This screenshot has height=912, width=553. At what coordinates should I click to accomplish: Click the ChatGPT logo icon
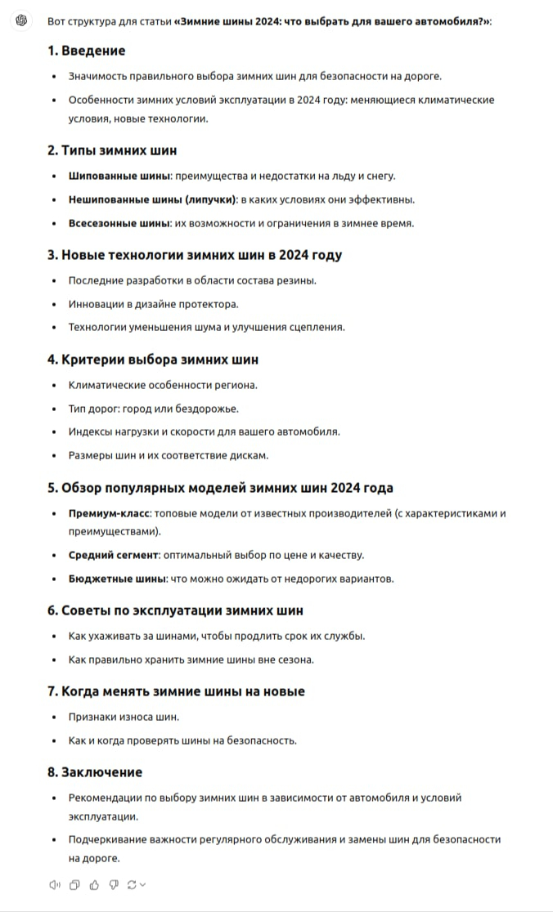[22, 20]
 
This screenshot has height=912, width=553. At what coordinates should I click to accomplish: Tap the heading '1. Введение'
[86, 51]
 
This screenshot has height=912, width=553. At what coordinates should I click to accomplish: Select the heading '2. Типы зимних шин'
[112, 150]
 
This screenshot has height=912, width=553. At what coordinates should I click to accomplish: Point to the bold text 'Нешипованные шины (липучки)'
[152, 199]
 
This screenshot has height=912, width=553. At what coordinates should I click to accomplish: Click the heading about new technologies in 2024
[195, 255]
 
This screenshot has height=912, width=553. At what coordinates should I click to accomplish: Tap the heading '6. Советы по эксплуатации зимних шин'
[175, 610]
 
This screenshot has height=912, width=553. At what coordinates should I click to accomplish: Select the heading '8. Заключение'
[95, 772]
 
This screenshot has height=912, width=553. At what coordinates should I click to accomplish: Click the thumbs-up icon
[94, 884]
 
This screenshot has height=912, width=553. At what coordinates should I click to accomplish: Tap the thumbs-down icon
[114, 884]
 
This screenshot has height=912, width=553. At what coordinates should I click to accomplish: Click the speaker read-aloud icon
[55, 884]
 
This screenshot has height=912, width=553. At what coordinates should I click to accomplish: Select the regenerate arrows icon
[133, 884]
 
